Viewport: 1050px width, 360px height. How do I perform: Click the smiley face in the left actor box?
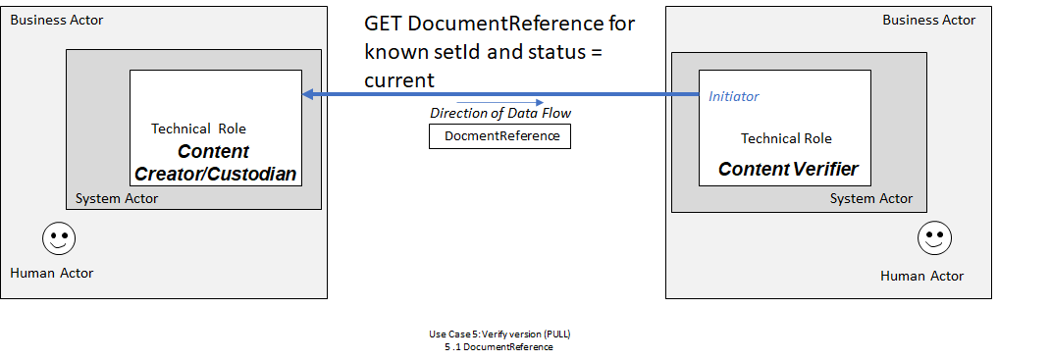pos(60,238)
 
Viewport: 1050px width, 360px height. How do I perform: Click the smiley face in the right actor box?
pos(934,237)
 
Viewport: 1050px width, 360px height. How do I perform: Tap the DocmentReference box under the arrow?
pos(499,136)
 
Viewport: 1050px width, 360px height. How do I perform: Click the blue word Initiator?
pos(734,96)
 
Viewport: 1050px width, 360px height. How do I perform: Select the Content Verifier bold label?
pos(788,169)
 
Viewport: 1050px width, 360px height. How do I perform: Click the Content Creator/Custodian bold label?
pos(215,164)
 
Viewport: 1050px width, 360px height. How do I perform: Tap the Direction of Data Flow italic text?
pos(500,114)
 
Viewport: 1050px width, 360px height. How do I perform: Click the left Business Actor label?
pos(56,20)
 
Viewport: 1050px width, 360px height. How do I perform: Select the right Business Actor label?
pos(928,20)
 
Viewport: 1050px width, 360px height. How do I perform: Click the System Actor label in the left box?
pos(117,199)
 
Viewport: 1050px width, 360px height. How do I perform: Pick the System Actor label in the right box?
pos(870,198)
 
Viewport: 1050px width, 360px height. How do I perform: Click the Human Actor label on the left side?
pos(52,273)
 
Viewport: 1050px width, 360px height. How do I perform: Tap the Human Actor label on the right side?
pos(921,276)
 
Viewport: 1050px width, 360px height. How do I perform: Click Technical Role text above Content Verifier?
pos(786,138)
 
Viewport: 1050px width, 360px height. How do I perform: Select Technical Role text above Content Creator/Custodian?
pos(198,129)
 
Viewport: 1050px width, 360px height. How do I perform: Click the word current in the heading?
pos(399,80)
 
